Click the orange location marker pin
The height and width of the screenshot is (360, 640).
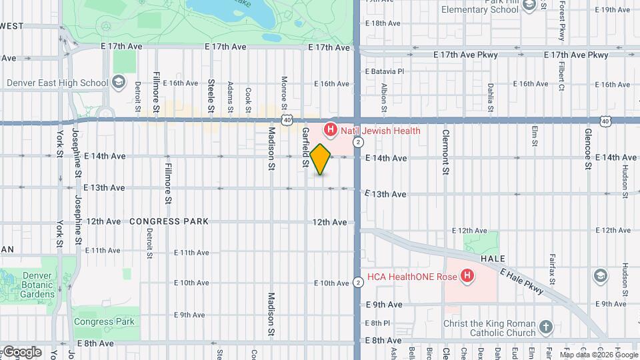[321, 159]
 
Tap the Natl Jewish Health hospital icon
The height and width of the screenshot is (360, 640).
[329, 130]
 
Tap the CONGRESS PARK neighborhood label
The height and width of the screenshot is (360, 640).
[169, 221]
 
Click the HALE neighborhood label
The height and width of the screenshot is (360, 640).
[491, 259]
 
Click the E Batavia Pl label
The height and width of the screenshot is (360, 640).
[385, 71]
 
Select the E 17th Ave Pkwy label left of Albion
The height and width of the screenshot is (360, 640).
[465, 55]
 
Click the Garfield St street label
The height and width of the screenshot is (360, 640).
[305, 147]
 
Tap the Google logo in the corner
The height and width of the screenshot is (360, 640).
[22, 351]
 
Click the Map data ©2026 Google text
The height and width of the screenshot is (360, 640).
[599, 355]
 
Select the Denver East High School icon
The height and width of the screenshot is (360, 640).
[119, 83]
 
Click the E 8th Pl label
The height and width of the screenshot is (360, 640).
[377, 323]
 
